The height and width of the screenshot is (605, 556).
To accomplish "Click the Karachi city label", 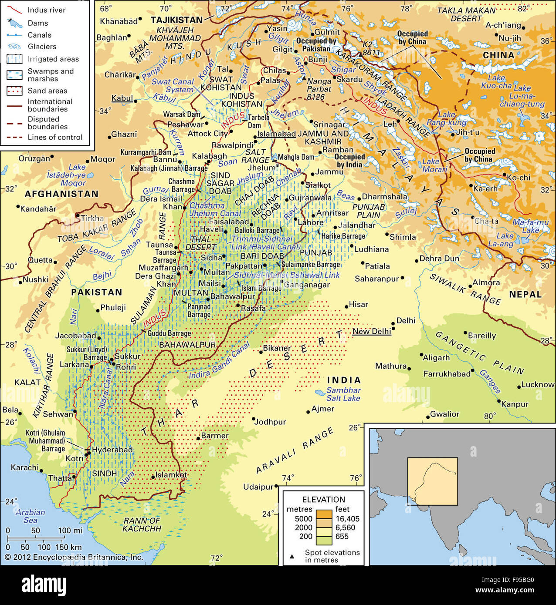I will [24, 467].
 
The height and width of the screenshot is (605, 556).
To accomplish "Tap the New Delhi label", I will [371, 331].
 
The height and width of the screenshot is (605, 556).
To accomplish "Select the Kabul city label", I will [122, 98].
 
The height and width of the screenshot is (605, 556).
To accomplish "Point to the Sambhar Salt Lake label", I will [343, 394].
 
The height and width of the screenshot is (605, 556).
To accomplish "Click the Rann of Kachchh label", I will [142, 524].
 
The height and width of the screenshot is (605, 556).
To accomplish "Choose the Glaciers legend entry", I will [42, 47].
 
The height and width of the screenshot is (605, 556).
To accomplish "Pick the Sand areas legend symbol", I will [14, 91].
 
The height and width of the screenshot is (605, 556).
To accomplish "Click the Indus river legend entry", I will [46, 10].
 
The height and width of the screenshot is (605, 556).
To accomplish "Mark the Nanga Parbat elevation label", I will [319, 89].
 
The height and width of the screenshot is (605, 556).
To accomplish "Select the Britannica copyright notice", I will [74, 557].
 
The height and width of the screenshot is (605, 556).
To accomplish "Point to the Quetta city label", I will [40, 260].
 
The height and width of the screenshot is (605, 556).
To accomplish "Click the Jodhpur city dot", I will [253, 419].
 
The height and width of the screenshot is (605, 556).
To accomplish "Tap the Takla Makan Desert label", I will [466, 14].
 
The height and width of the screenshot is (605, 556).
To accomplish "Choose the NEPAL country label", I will [525, 294].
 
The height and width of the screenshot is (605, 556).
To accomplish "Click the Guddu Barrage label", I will [169, 333].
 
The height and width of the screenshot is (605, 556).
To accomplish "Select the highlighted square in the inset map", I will [432, 481].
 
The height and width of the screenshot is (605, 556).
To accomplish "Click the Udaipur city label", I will [258, 487].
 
